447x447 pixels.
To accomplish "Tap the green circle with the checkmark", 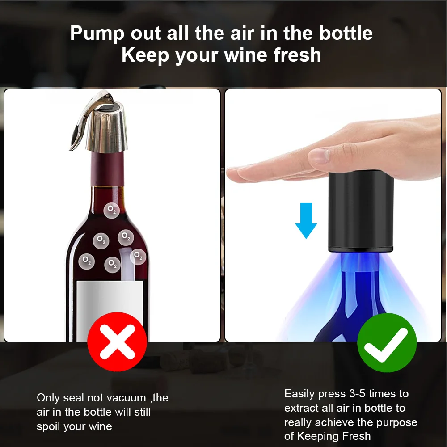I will click(x=387, y=343).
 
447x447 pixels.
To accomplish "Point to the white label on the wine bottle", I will click(x=110, y=308).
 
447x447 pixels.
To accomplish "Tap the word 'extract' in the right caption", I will click(x=303, y=408).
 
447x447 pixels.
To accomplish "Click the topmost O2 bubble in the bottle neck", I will click(x=111, y=209).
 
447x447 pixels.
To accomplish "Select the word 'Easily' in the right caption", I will click(x=299, y=394).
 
